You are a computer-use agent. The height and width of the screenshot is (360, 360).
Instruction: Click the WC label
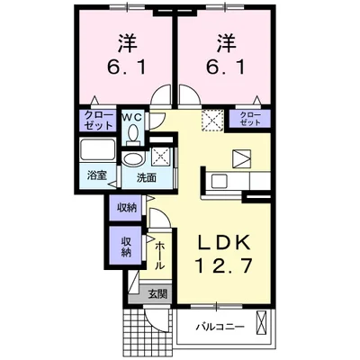click(133, 117)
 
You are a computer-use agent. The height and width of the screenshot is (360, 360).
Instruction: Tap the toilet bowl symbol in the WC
click(133, 134)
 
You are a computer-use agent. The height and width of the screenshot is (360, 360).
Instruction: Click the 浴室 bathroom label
click(96, 175)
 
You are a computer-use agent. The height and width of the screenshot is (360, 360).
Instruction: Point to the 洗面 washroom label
click(145, 176)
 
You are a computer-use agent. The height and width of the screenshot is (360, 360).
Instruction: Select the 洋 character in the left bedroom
click(126, 41)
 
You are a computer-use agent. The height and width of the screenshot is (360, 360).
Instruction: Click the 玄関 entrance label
click(157, 292)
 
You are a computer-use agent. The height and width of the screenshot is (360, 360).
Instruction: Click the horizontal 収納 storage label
click(127, 207)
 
